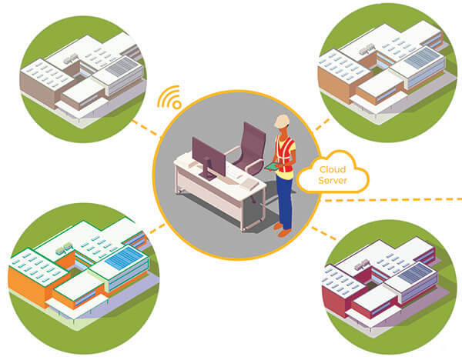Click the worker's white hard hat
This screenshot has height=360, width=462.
[283, 122]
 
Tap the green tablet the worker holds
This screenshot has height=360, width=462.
[271, 166]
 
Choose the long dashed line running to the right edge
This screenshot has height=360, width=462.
[400, 198]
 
